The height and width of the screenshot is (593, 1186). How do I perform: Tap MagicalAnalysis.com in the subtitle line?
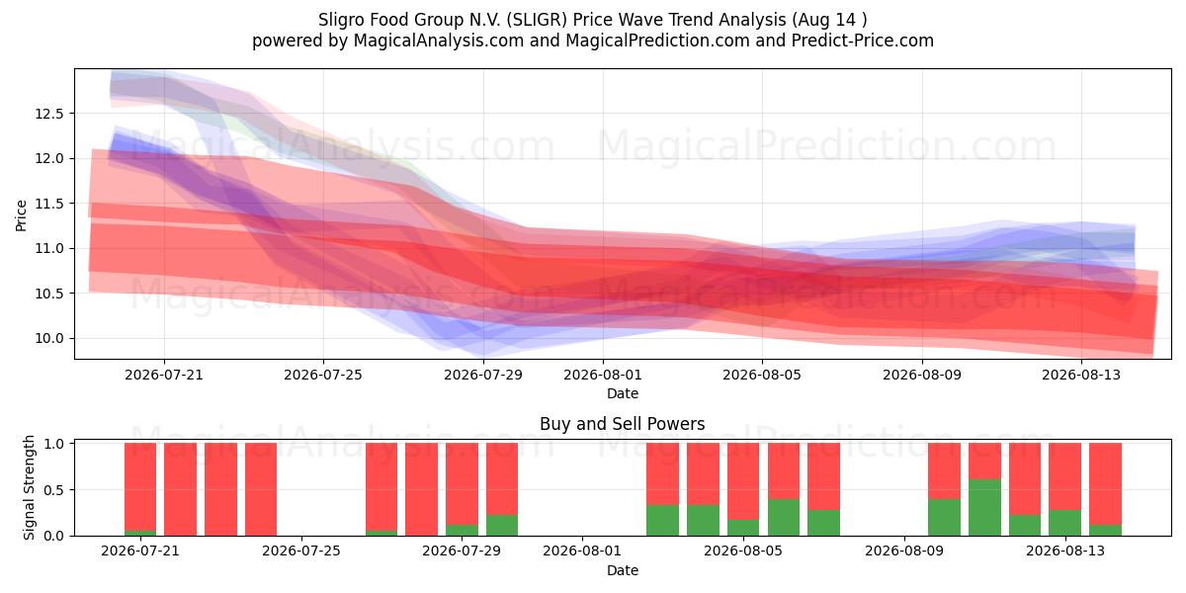439,41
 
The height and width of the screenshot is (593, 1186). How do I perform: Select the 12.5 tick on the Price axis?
49,114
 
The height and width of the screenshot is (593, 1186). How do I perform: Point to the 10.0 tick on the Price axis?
49,338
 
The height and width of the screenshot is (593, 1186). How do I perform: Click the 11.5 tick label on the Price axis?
49,204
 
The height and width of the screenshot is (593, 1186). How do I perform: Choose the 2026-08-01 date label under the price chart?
603,375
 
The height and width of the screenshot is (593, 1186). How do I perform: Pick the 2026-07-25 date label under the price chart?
323,375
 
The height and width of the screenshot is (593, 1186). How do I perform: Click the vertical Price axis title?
21,215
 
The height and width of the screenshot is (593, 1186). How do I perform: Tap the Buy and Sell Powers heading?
622,424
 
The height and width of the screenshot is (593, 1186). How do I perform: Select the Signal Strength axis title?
29,487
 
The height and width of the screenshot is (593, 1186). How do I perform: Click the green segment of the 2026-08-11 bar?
984,508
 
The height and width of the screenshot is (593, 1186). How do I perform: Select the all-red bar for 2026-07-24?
261,489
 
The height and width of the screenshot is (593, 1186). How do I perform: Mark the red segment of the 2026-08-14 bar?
1106,484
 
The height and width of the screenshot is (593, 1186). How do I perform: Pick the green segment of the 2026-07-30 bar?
502,525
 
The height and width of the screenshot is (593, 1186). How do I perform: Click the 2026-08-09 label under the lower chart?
904,551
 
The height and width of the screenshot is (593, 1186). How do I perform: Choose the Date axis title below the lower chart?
622,570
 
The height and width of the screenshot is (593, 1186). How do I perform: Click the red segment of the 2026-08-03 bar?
662,474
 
